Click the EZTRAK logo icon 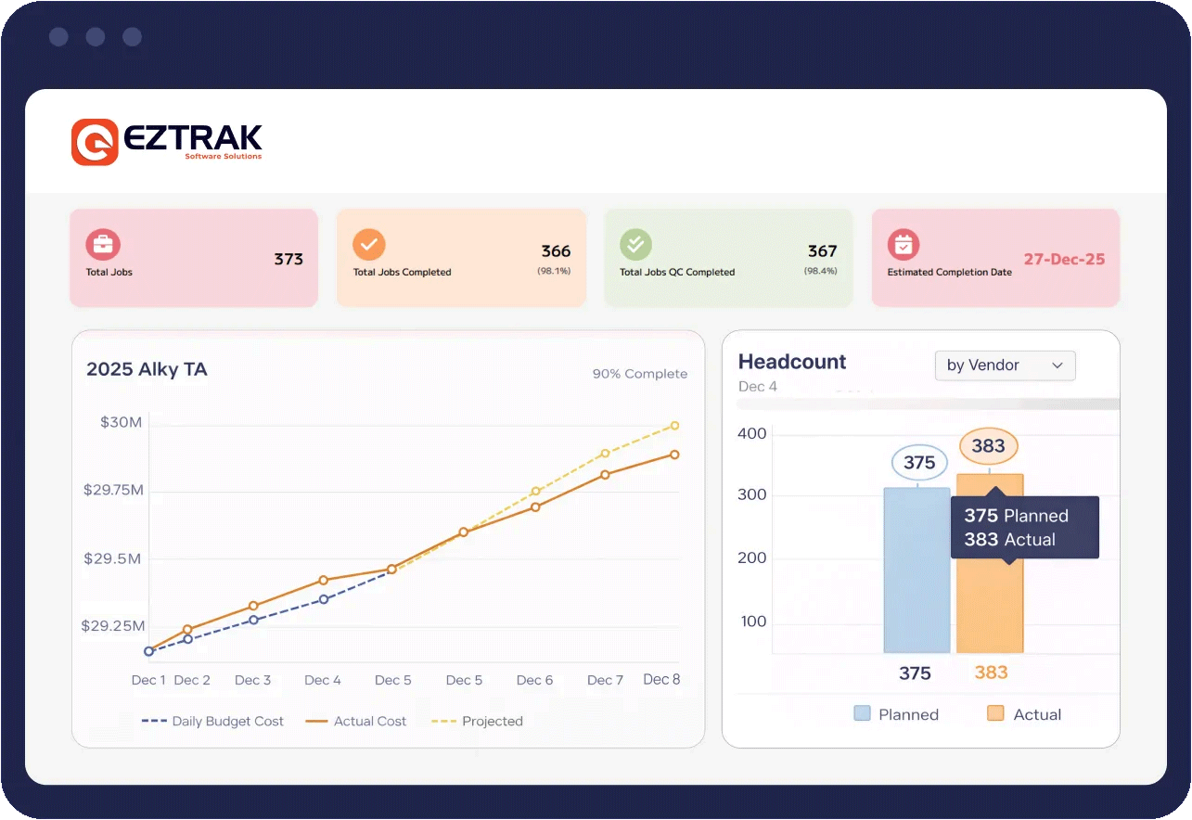[95, 142]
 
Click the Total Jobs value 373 [288, 259]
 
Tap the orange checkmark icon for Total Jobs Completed [369, 245]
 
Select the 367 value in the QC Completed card [822, 251]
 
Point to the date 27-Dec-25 [1064, 260]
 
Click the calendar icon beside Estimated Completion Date [903, 245]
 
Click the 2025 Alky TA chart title [147, 369]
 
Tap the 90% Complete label [640, 374]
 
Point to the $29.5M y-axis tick [112, 558]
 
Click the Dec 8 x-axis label [661, 679]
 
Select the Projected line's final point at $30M [674, 426]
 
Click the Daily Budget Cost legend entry [213, 721]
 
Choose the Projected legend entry [479, 721]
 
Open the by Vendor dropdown [1005, 365]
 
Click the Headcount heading [792, 362]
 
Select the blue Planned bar [916, 570]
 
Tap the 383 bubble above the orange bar [988, 446]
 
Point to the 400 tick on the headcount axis [752, 433]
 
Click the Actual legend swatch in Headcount [996, 713]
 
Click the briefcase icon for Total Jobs [103, 245]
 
